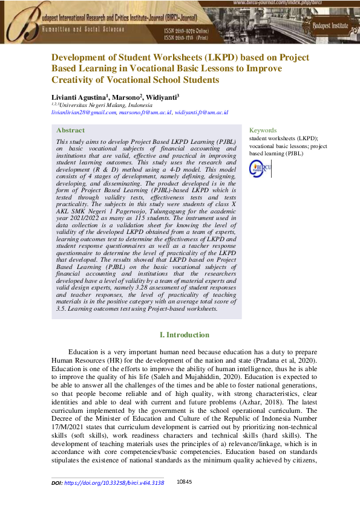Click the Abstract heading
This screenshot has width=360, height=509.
coord(70,130)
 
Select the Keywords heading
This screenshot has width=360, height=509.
coord(263,130)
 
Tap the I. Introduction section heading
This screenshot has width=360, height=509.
coord(184,335)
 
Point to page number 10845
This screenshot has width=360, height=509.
coord(184,482)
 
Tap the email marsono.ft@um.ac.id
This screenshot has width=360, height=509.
coord(145,112)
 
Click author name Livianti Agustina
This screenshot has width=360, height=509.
coord(77,97)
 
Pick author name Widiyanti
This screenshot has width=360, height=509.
coord(161,97)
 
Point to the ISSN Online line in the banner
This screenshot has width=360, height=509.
coord(190,30)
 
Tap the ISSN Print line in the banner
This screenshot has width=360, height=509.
coord(189,37)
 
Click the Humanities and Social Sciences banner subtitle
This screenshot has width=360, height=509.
coord(83,28)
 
